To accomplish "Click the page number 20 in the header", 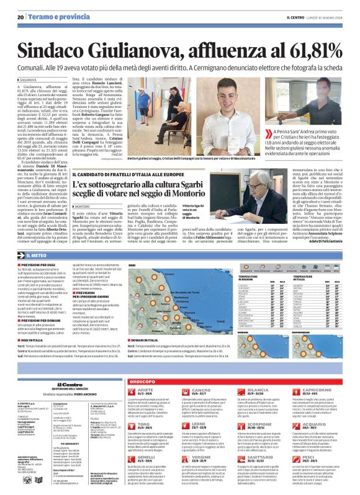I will (20, 17).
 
